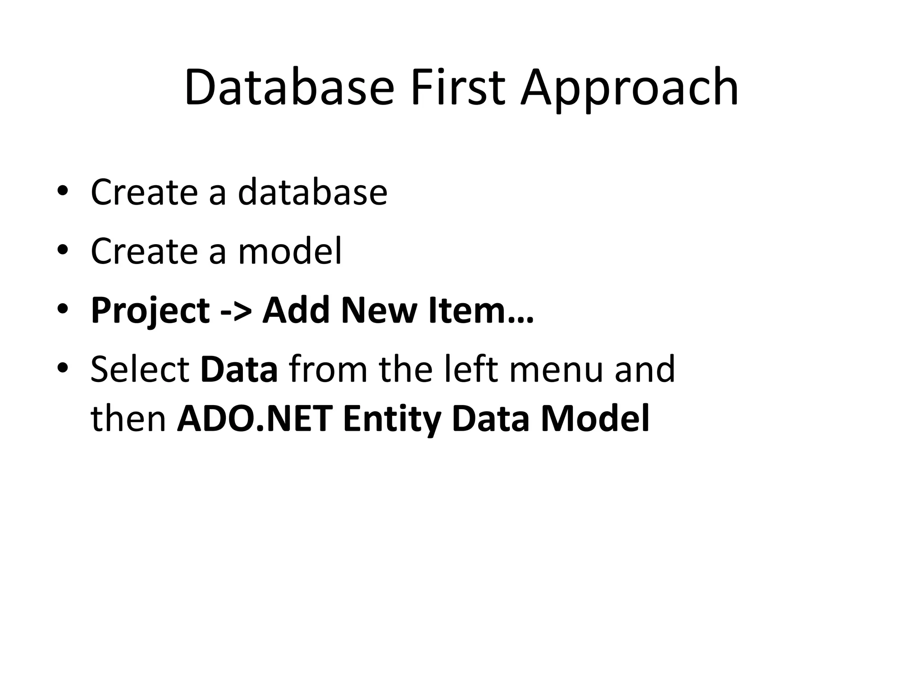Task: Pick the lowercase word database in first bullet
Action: (x=312, y=192)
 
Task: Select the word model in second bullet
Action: (x=290, y=251)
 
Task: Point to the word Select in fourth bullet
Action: (x=140, y=369)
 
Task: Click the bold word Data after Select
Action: (x=239, y=369)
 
